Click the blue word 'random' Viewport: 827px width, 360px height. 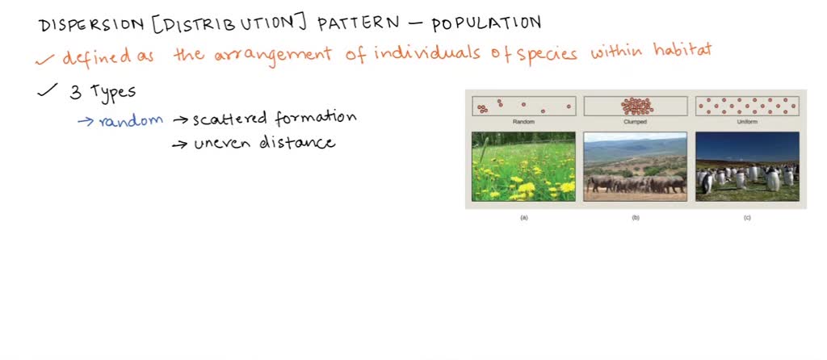point(131,120)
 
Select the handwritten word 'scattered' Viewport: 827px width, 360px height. point(229,119)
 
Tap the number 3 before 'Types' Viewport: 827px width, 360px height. point(75,92)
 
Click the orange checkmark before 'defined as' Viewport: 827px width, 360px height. point(48,58)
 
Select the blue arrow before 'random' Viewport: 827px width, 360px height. point(85,121)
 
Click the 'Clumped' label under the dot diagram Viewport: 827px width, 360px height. point(635,122)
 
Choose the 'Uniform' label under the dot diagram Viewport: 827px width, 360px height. point(747,122)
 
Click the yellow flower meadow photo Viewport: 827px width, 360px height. point(523,166)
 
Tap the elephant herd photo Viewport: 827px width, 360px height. point(635,166)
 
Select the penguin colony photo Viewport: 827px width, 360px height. point(747,166)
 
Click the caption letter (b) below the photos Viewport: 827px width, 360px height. point(636,218)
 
